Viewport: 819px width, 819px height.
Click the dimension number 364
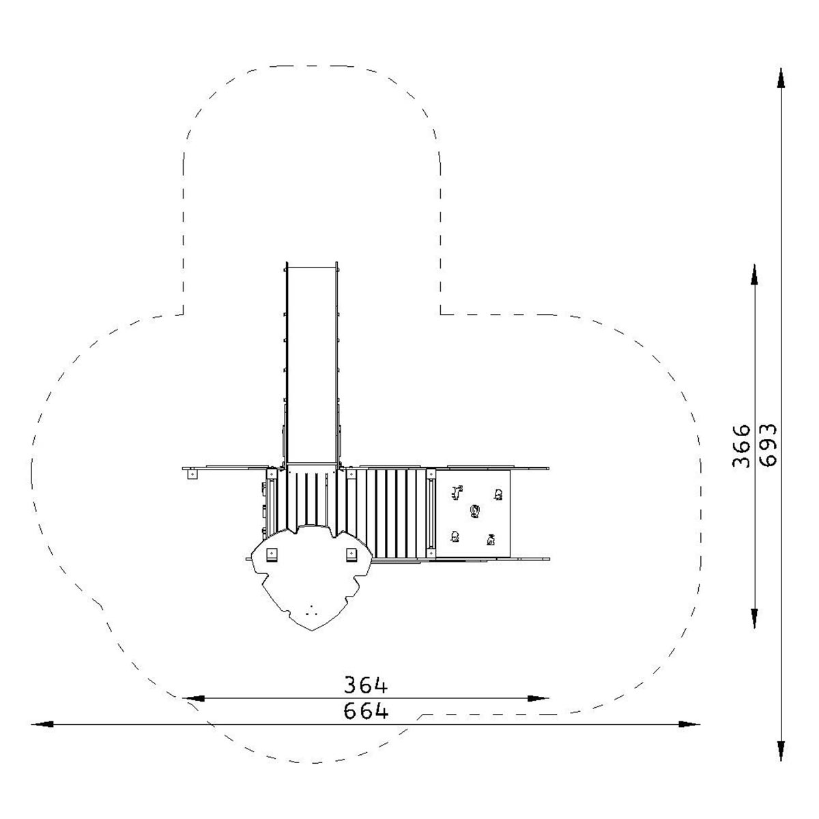pos(366,685)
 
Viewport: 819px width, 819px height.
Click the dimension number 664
pos(366,710)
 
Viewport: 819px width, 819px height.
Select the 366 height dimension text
pos(742,446)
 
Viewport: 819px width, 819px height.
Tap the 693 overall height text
pos(768,445)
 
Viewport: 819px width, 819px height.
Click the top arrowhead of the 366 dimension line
pos(754,274)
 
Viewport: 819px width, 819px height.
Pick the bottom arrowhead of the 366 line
pos(754,618)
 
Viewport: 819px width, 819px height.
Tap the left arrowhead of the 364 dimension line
pos(193,698)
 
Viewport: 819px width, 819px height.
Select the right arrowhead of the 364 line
pos(538,698)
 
